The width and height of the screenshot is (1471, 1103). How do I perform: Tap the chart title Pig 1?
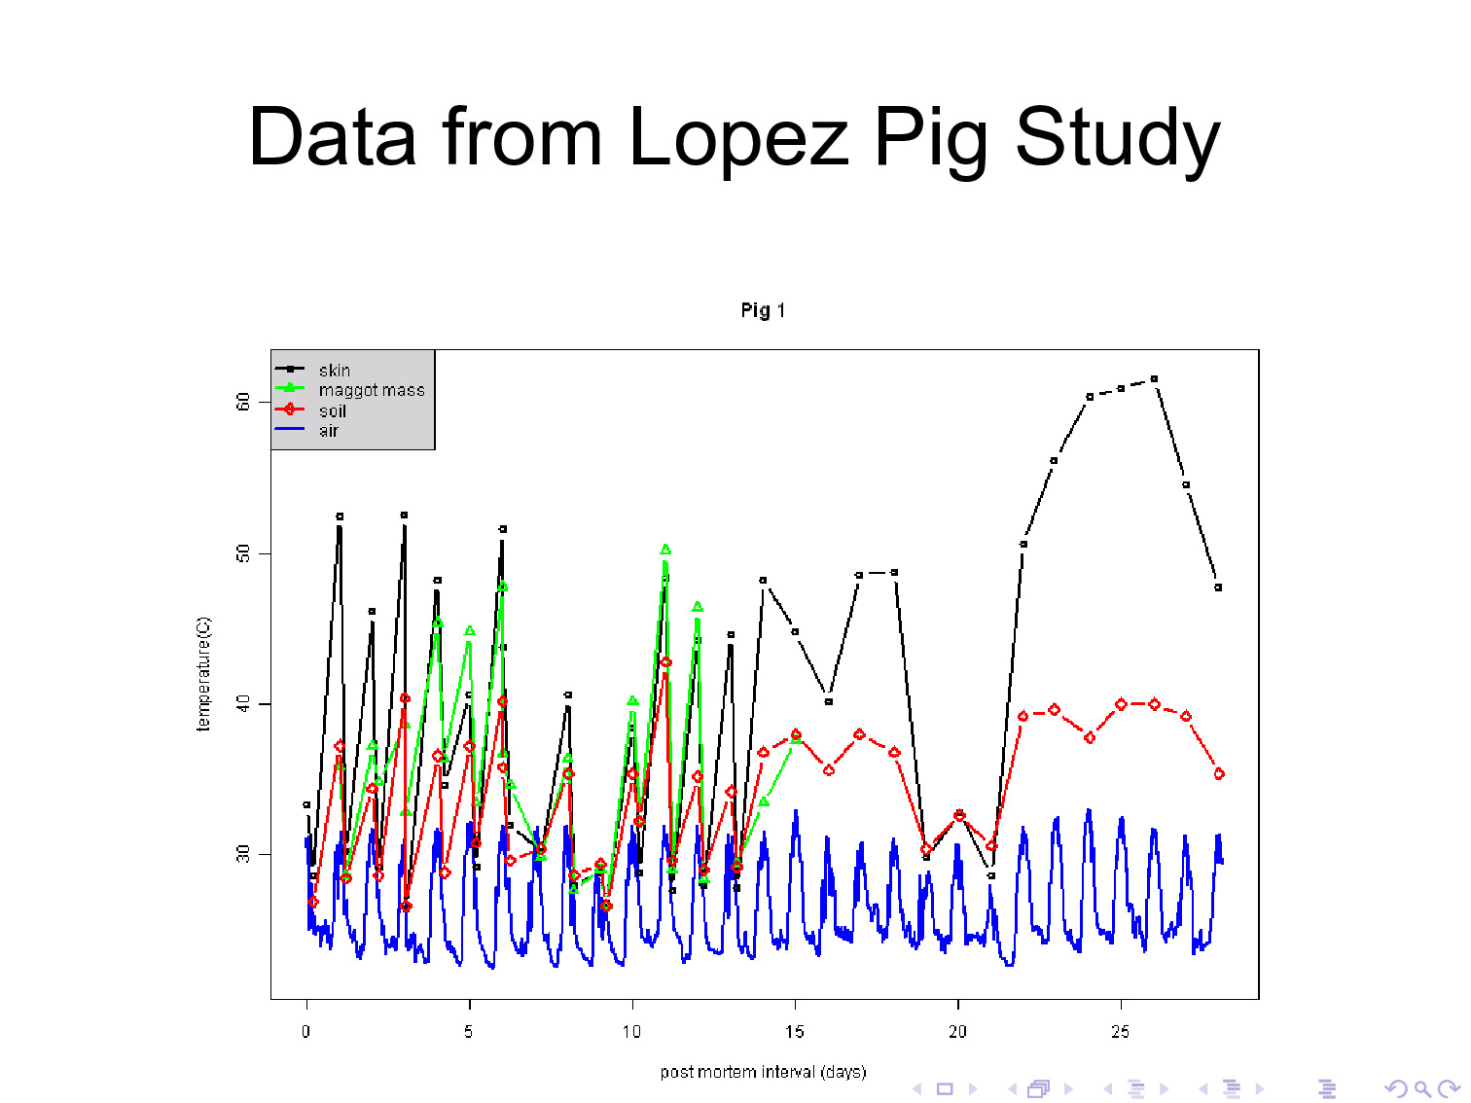(x=763, y=310)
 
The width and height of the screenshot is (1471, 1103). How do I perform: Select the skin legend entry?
(x=334, y=371)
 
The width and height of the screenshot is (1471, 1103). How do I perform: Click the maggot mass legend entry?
(x=371, y=390)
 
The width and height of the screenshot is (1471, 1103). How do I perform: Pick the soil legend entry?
(x=332, y=410)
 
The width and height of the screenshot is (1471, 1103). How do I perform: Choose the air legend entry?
(x=328, y=431)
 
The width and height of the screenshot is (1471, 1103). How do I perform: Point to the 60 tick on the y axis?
(x=243, y=402)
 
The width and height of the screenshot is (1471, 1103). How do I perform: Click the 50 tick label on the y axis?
(x=243, y=553)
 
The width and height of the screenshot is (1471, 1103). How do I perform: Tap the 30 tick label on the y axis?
(x=243, y=854)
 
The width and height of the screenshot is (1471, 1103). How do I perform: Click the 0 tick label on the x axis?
(x=306, y=1032)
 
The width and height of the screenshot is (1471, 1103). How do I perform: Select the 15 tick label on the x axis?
(x=795, y=1032)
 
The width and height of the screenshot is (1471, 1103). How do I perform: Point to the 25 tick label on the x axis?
(x=1121, y=1032)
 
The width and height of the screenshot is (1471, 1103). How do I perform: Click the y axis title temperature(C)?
(x=203, y=673)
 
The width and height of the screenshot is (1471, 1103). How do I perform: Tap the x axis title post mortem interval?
(x=763, y=1072)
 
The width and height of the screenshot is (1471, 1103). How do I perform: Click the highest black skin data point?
(x=1154, y=378)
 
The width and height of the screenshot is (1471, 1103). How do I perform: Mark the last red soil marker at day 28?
(x=1219, y=774)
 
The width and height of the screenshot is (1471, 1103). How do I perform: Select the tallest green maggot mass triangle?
(x=665, y=551)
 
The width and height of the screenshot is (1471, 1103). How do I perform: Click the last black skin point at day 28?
(x=1218, y=587)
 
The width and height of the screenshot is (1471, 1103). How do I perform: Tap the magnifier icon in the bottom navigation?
(x=1422, y=1089)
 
